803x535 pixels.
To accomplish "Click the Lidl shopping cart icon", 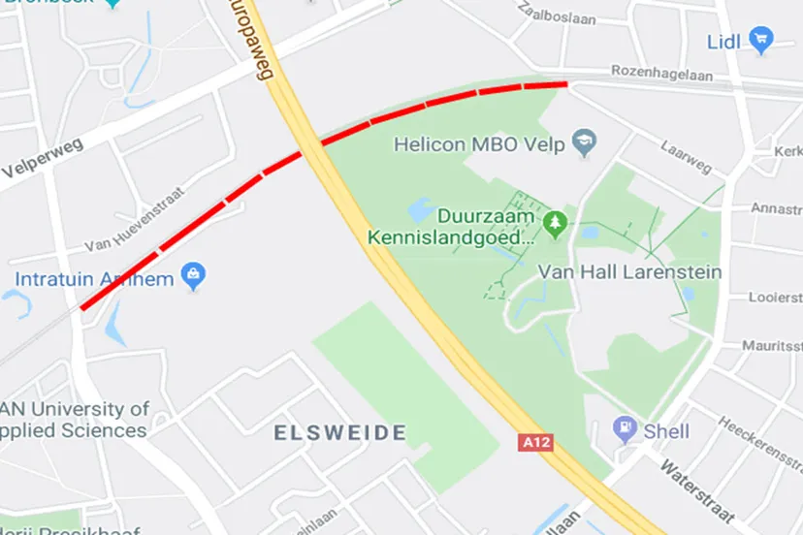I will [x=761, y=41].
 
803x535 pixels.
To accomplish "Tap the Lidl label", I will [x=723, y=41].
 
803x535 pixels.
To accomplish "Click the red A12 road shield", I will [x=535, y=442].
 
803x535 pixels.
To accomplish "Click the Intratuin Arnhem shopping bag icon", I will [x=194, y=277].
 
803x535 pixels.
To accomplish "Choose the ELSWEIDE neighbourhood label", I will [x=339, y=432].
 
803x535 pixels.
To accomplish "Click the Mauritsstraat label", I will [x=771, y=345].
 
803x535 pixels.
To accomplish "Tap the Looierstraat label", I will [x=775, y=298].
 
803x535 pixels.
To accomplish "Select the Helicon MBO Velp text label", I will [x=479, y=144].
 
